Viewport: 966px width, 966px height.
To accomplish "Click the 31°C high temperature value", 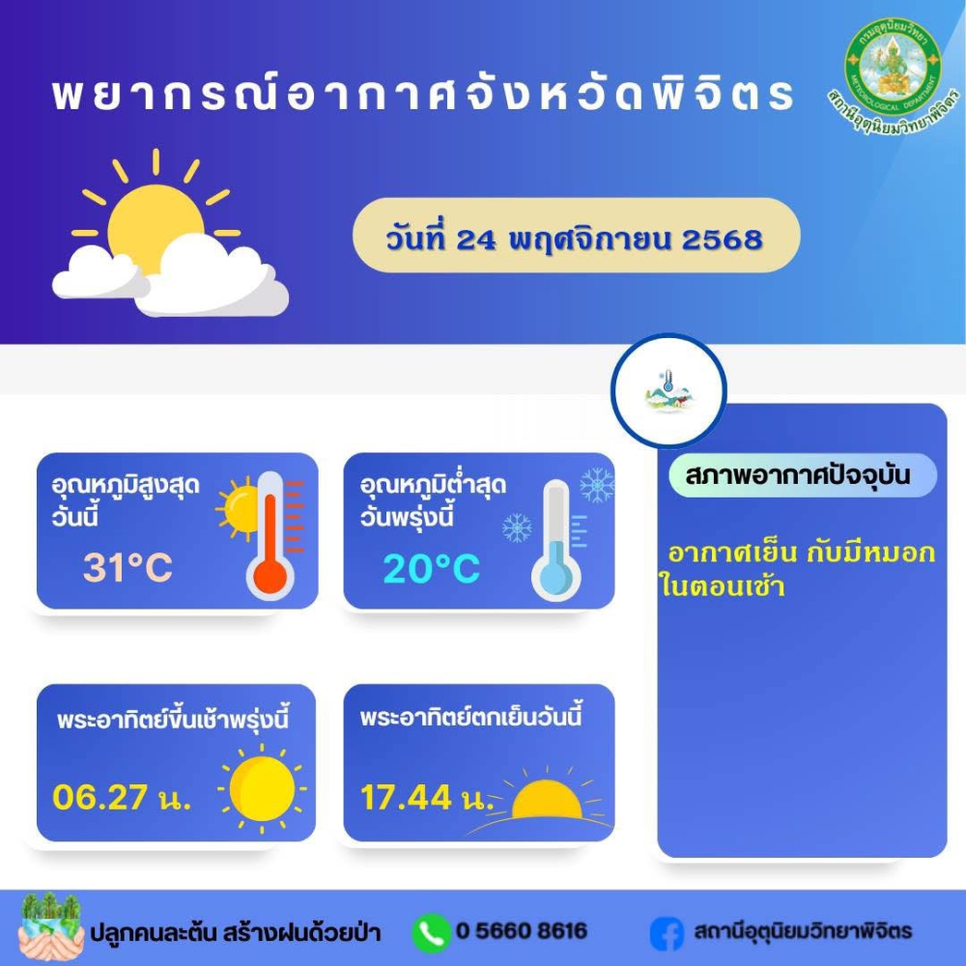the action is (128, 567).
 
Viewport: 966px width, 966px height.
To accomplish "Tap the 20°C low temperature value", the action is (431, 568).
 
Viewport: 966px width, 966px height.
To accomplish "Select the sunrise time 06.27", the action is (99, 797).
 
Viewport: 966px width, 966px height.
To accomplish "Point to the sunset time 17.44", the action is (406, 797).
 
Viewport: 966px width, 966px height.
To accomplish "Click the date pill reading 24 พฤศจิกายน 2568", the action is (576, 236).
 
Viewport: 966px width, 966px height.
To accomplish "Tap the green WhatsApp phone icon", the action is (430, 932).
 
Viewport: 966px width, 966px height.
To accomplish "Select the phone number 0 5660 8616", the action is (522, 931).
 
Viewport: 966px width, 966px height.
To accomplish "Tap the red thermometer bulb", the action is (270, 577).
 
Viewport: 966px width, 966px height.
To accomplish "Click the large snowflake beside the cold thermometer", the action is (596, 485).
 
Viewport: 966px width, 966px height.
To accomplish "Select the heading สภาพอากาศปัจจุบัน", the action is (798, 475).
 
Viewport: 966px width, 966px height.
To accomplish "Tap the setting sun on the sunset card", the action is (547, 800).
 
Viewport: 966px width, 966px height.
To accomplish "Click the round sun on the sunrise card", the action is (262, 788).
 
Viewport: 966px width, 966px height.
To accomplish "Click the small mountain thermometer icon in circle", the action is (668, 392).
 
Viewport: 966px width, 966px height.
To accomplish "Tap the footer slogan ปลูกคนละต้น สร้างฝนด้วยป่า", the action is (236, 932).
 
